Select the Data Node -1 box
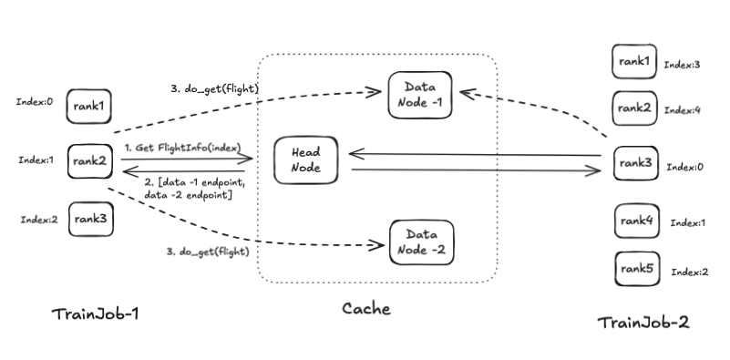(419, 94)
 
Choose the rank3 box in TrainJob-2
(634, 164)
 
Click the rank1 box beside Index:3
(634, 61)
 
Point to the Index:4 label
(682, 110)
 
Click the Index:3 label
(682, 66)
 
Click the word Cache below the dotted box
(365, 309)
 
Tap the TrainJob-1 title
(95, 315)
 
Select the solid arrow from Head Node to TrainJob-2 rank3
(474, 170)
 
